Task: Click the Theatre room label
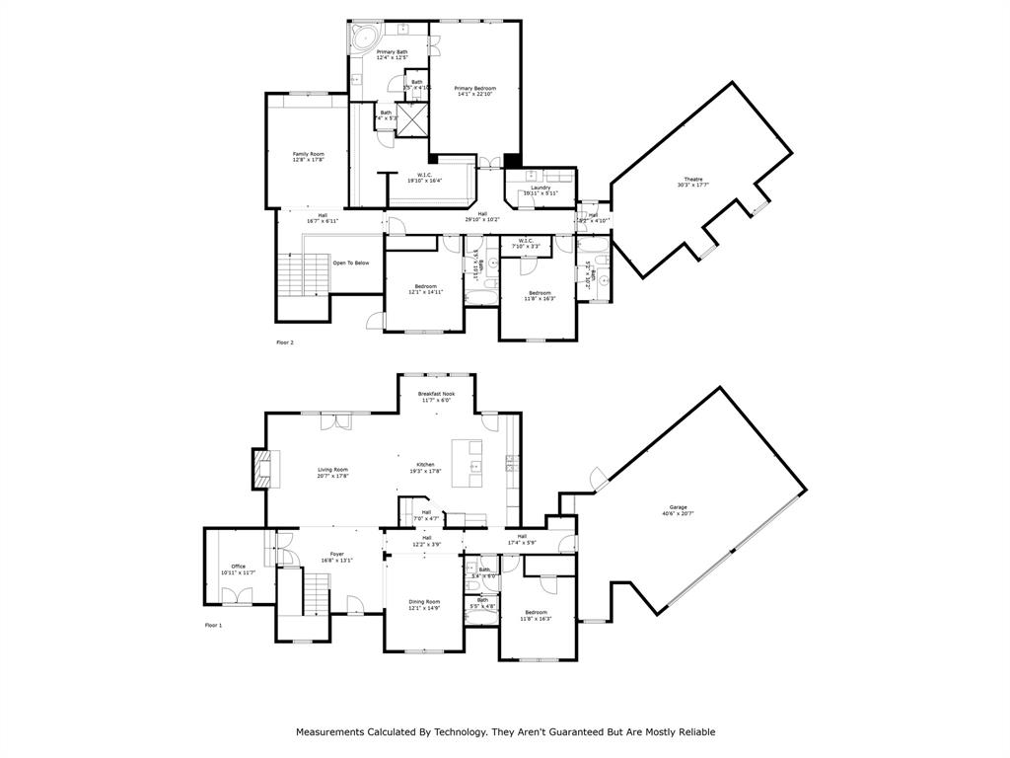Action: tap(691, 182)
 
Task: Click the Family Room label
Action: tap(308, 156)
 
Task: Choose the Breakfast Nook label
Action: tap(435, 396)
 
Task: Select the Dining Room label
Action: tap(424, 604)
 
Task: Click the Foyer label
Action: tap(336, 557)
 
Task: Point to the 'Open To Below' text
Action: tap(350, 263)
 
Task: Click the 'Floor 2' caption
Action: tap(284, 342)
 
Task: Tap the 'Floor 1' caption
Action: tap(213, 625)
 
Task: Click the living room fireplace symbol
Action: tap(261, 470)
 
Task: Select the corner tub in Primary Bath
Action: tap(360, 38)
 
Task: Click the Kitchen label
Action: tap(424, 467)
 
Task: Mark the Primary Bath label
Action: tap(392, 54)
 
